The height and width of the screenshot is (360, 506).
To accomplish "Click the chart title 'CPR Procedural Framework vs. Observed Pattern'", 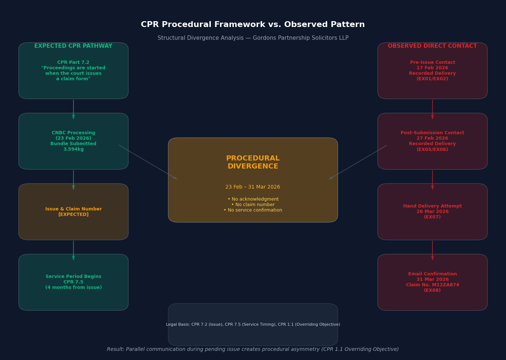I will click(x=253, y=25).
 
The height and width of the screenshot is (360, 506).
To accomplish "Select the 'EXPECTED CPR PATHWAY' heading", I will click(x=73, y=46).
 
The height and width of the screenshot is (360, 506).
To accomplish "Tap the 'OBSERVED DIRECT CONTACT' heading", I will click(x=432, y=46).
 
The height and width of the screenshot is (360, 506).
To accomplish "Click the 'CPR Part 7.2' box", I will click(x=73, y=71).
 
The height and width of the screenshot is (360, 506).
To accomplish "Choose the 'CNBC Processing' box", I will click(x=73, y=141).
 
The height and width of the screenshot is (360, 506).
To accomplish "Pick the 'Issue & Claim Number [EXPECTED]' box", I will click(x=73, y=212).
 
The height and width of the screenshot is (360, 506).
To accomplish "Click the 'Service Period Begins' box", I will click(x=73, y=282).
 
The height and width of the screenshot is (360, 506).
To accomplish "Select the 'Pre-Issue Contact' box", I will click(x=432, y=71).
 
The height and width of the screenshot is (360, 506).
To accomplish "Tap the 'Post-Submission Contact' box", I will click(x=432, y=141).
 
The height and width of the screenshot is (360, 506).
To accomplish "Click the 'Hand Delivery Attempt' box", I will click(x=432, y=212).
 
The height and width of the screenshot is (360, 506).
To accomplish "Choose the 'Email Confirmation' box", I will click(x=432, y=282).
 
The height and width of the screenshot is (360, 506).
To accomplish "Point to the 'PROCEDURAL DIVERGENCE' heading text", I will click(x=253, y=163).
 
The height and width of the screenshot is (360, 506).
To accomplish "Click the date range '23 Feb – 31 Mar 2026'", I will click(x=253, y=187).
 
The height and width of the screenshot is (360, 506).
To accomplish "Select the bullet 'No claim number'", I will click(x=253, y=205).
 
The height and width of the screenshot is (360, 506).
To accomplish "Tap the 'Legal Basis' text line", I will click(x=253, y=325).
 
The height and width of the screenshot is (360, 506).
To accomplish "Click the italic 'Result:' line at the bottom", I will click(x=253, y=349).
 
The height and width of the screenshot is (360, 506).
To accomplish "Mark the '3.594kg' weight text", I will click(x=73, y=150).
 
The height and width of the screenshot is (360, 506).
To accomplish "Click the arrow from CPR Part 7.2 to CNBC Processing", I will click(x=73, y=109).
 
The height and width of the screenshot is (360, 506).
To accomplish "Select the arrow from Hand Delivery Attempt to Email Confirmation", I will click(x=432, y=250).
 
